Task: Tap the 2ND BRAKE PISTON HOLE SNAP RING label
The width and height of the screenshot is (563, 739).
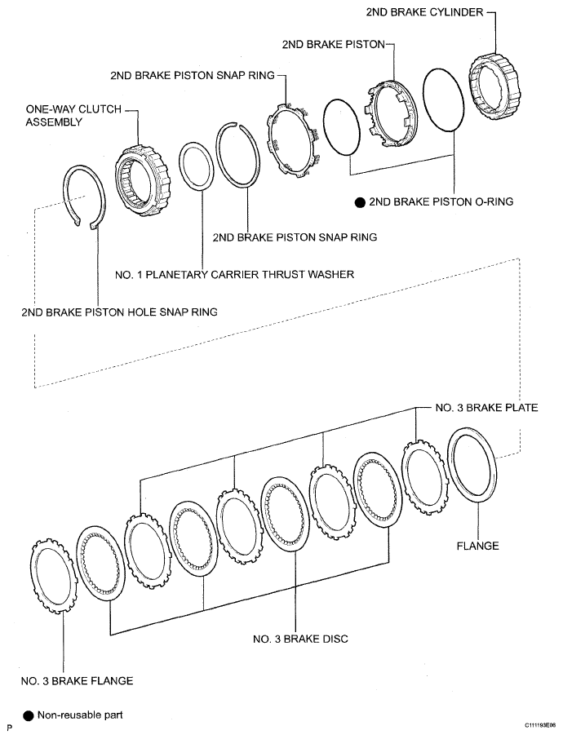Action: (x=120, y=312)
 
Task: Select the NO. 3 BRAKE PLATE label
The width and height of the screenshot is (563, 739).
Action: (x=486, y=407)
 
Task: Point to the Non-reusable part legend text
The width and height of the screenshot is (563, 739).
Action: (x=80, y=715)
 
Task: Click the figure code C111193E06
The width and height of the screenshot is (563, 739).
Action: (x=534, y=724)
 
